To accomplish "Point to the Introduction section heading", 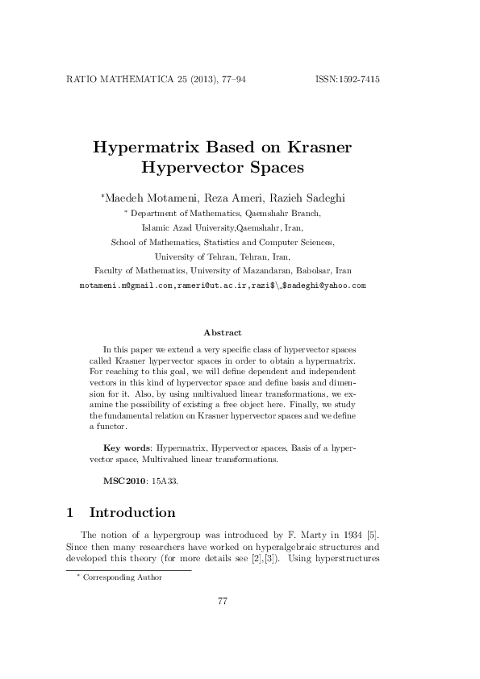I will coord(131,513).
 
